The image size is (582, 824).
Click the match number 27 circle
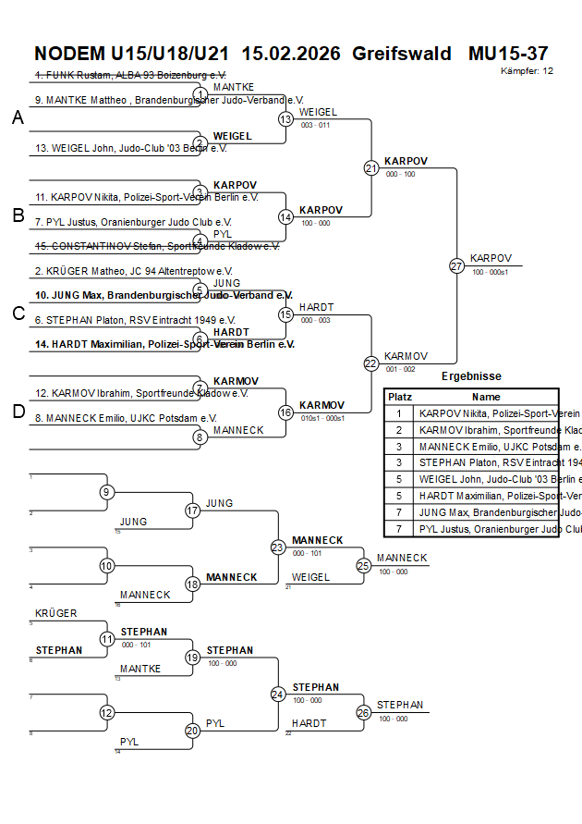(x=456, y=265)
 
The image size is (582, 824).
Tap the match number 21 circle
(x=371, y=168)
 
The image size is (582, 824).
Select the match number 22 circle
(x=371, y=363)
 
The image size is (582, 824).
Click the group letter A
(x=18, y=117)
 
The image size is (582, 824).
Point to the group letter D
(x=18, y=412)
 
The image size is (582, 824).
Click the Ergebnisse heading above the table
(x=471, y=376)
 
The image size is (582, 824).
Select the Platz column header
(x=399, y=396)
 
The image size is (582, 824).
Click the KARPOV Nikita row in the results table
(x=487, y=413)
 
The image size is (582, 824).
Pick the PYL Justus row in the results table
(x=487, y=530)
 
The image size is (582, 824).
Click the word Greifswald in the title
(x=401, y=53)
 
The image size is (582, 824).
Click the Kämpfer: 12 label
(x=527, y=70)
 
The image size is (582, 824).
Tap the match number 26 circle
(x=364, y=713)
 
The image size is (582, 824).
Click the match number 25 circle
(x=364, y=565)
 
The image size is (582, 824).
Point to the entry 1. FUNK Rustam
(x=130, y=75)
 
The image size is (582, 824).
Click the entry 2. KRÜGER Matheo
(x=133, y=271)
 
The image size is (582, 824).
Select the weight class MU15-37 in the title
(x=507, y=53)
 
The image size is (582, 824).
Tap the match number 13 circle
(x=286, y=119)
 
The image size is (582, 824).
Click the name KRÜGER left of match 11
(x=56, y=613)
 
